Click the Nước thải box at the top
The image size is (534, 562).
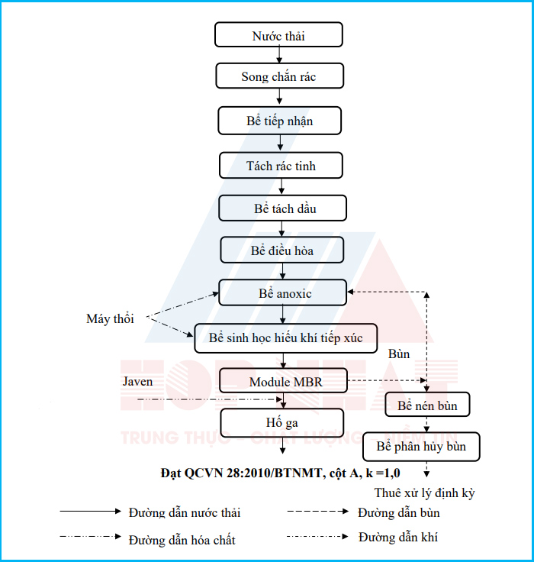tap(278, 35)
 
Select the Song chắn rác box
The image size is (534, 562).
tap(280, 76)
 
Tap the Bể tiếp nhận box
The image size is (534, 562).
tap(280, 121)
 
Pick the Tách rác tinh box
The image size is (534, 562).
tap(281, 165)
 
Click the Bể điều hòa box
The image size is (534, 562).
tap(282, 250)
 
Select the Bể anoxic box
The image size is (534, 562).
tap(282, 293)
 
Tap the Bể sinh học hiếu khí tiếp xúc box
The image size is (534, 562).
tap(286, 338)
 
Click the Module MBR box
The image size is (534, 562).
tap(283, 380)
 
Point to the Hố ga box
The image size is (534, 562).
tap(282, 422)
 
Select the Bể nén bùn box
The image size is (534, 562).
tap(427, 405)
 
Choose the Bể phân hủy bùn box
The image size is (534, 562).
tap(421, 446)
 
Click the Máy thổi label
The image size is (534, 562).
tap(110, 319)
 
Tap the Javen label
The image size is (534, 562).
tap(137, 381)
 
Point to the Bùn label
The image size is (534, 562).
tap(399, 354)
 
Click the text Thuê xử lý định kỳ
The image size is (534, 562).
tap(424, 493)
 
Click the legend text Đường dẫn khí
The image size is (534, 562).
tap(398, 538)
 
